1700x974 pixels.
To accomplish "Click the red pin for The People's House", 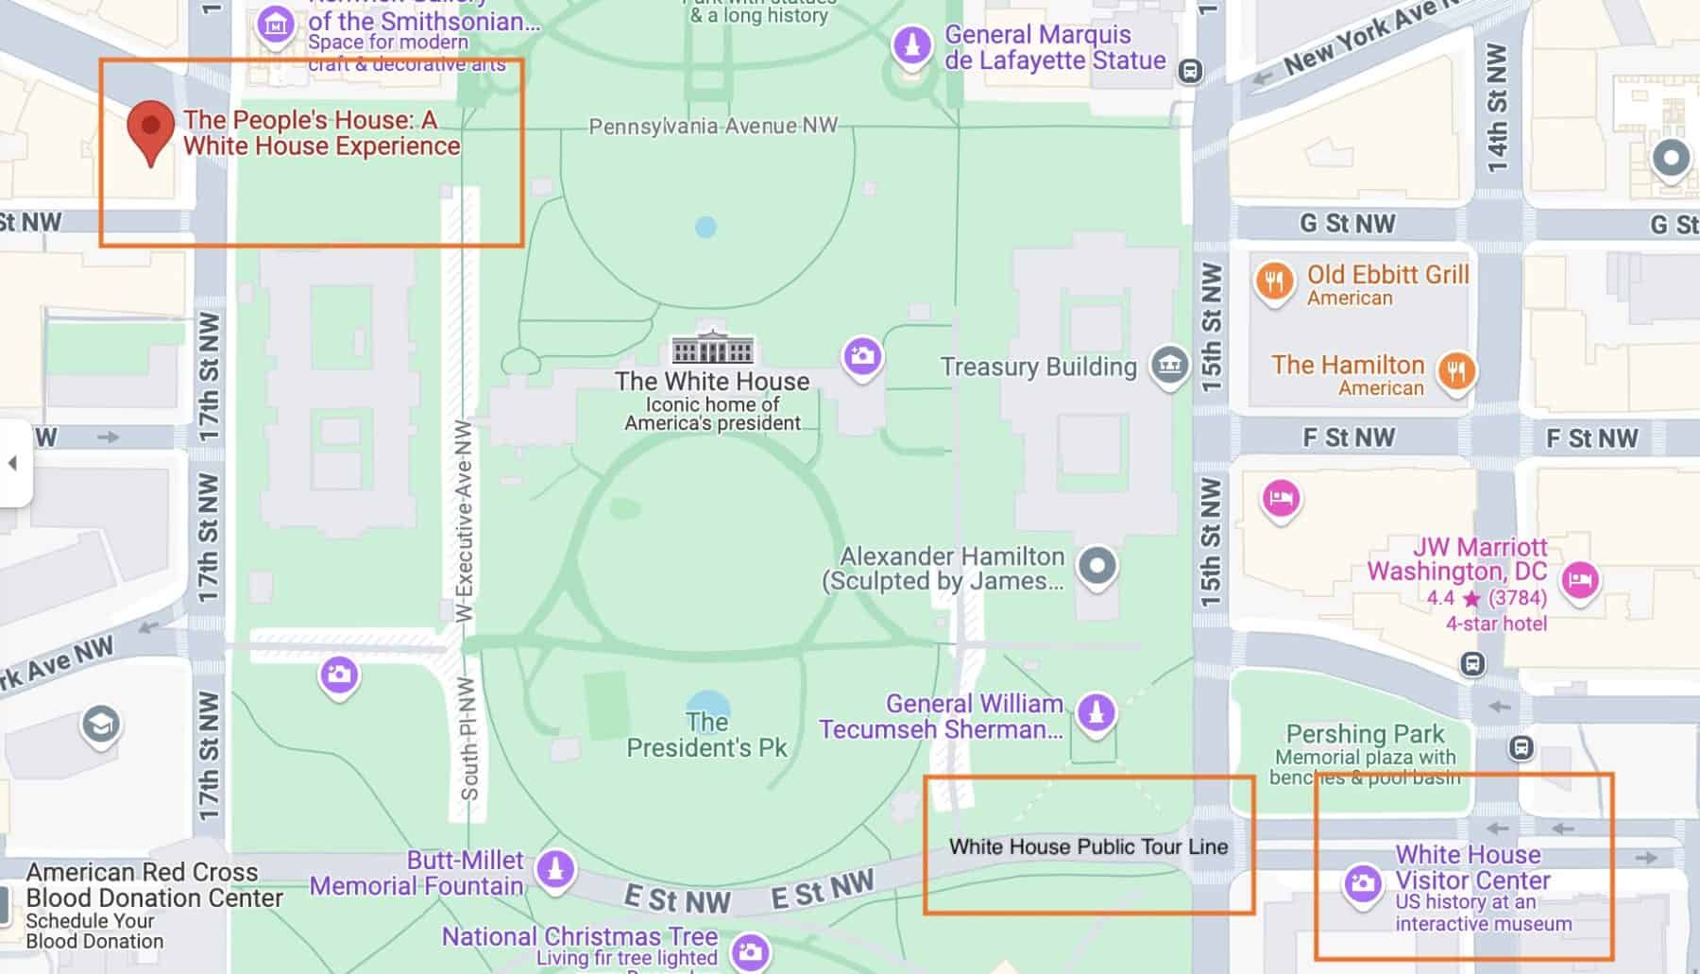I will pyautogui.click(x=151, y=128).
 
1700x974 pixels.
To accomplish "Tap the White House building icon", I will pyautogui.click(x=712, y=349).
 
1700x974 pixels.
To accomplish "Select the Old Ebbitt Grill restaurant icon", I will pyautogui.click(x=1275, y=281).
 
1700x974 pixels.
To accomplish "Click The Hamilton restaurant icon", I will pyautogui.click(x=1455, y=370).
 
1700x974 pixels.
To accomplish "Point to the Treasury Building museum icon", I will pyautogui.click(x=1169, y=364).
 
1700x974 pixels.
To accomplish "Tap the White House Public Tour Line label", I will pyautogui.click(x=1088, y=846).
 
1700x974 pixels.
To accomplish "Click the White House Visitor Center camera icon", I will pyautogui.click(x=1362, y=883).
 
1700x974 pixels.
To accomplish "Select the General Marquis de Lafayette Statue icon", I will pyautogui.click(x=911, y=44).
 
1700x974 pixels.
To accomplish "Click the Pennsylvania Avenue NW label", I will pyautogui.click(x=713, y=126).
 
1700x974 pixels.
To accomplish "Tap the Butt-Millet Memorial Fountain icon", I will pyautogui.click(x=555, y=868).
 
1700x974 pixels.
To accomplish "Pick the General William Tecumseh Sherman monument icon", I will pyautogui.click(x=1096, y=710).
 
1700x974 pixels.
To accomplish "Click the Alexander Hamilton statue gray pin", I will pyautogui.click(x=1096, y=567).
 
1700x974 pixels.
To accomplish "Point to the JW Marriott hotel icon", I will pyautogui.click(x=1579, y=578).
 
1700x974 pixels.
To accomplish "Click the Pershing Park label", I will pyautogui.click(x=1365, y=734).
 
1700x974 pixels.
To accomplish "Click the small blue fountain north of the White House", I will pyautogui.click(x=705, y=227).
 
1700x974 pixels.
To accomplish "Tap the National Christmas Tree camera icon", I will pyautogui.click(x=750, y=952).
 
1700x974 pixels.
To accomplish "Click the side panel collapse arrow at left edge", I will pyautogui.click(x=13, y=463).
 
